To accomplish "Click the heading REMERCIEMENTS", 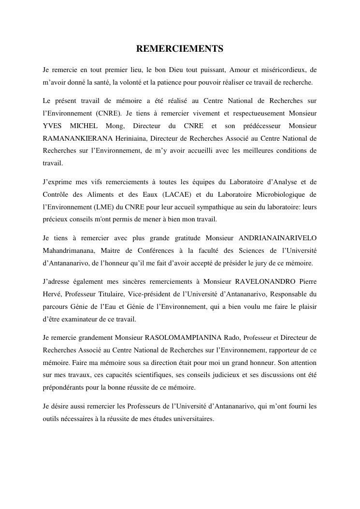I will (180, 49).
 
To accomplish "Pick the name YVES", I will (52, 126).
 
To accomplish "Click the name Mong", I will (114, 126).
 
